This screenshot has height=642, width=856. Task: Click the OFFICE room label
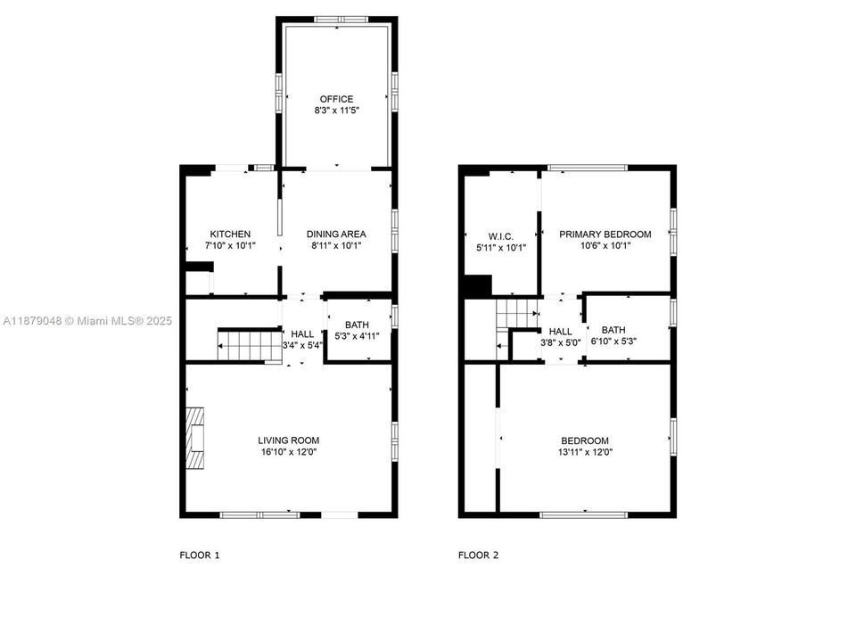coord(336,99)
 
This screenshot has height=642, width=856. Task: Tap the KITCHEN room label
coord(230,235)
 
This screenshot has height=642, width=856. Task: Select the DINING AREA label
coord(336,235)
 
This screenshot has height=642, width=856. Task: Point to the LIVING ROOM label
coord(288,440)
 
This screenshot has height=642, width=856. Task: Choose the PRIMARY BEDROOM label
coord(605,235)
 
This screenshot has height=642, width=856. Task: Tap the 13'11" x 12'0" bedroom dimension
coord(584,453)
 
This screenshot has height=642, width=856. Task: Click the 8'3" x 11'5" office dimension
coord(336,111)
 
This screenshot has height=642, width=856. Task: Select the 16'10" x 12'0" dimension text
coord(288,453)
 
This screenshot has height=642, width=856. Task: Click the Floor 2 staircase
coord(514,314)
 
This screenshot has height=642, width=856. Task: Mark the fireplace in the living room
coord(195,438)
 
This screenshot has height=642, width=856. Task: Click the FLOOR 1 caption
coord(200,556)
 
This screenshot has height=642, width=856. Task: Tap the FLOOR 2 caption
coord(478,556)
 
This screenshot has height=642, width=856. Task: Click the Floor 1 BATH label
coord(357,325)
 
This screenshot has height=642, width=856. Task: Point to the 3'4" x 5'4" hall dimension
coord(302,346)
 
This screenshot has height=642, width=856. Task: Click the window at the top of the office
coord(340,19)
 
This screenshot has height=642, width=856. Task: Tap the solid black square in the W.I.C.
coord(477,286)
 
